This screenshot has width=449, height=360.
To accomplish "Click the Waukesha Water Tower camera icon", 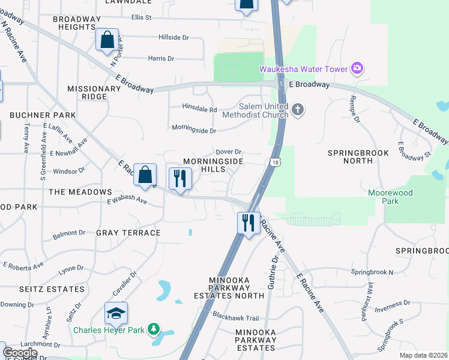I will pos(357,68).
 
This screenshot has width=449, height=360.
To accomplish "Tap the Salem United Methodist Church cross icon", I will pos(298,109).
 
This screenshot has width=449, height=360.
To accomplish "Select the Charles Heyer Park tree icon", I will pos(154,329).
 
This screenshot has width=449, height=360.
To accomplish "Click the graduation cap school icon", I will pos(116,313).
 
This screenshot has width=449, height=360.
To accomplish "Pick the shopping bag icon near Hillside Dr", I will pos(107,40).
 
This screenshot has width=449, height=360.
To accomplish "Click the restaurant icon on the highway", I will pos(248,223).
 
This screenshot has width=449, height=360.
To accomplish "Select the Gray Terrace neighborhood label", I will pos(128,232).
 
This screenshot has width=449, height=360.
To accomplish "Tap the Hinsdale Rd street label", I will pos(200,110).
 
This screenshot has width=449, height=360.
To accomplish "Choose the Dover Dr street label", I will pos(228,152).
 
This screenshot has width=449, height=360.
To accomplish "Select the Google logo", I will pos(20,352).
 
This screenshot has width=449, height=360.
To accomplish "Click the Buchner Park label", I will pos(43,115).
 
